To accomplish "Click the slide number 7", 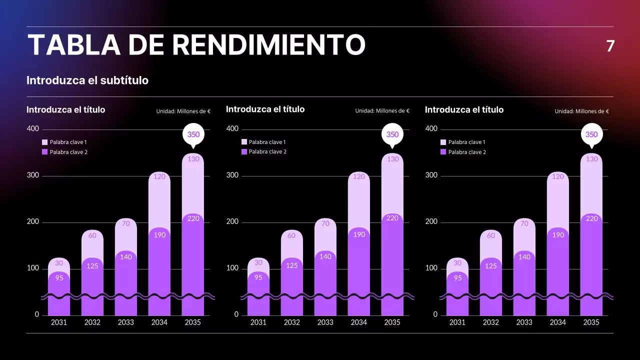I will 610,46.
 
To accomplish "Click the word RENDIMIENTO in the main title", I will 268,45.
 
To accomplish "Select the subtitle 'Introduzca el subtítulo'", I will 87,80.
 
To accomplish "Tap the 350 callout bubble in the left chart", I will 193,134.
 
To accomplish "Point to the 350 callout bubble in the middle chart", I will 392,134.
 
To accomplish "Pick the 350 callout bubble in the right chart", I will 591,134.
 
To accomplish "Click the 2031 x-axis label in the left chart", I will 59,322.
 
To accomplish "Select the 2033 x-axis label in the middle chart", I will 325,322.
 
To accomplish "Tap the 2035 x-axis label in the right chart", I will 591,322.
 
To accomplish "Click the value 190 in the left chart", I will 159,235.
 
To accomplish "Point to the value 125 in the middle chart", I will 291,265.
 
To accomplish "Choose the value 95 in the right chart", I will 457,278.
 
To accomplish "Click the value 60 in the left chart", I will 92,236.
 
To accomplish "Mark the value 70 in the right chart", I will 524,223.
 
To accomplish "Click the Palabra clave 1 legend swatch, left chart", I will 44,142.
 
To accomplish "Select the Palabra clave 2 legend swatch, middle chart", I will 244,151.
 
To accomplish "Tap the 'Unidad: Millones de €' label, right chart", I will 581,111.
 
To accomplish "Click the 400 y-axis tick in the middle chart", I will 232,128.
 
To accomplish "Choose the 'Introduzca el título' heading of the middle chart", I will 265,109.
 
